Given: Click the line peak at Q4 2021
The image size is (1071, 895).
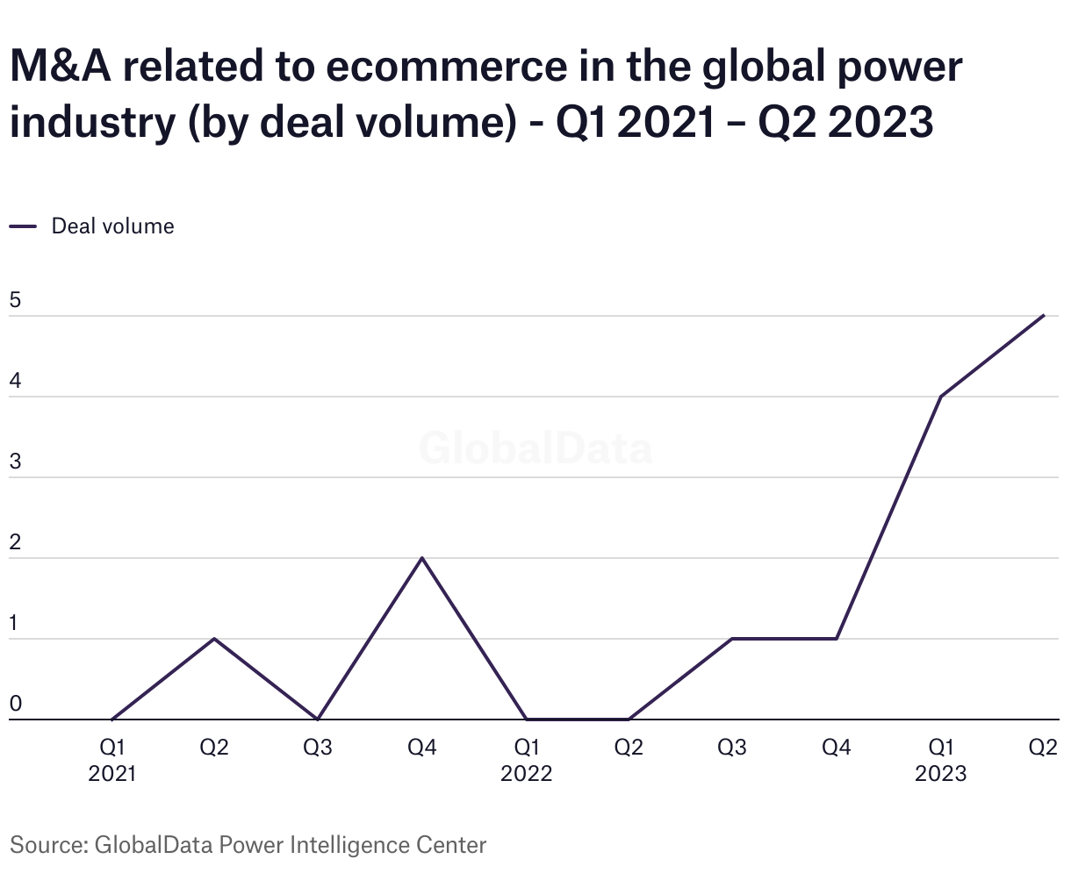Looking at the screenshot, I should tap(422, 558).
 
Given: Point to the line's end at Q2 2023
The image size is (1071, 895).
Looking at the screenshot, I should tap(1043, 316).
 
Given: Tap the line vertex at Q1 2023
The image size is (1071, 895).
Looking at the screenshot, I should tap(940, 397).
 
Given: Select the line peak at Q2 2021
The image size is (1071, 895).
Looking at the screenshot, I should tap(214, 639).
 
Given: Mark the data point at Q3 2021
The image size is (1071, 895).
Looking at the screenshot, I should tap(318, 719).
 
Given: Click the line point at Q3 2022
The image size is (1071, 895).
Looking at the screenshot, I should tap(732, 639).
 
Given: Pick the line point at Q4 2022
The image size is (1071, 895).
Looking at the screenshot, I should tap(836, 639).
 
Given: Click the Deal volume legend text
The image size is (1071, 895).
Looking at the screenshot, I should tap(112, 226).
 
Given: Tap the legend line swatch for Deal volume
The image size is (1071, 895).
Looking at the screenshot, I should tap(23, 226).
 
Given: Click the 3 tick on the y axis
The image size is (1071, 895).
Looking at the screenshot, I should tap(15, 462).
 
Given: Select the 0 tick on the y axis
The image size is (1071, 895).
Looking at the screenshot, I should tap(15, 705).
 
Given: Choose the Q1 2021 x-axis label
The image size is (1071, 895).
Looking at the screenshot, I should tap(112, 760).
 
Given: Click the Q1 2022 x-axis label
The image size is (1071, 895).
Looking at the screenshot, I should tap(526, 760).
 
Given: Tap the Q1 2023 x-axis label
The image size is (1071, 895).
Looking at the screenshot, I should tap(940, 760).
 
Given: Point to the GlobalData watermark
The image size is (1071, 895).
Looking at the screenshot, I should tap(535, 448).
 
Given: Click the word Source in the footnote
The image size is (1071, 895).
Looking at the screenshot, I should tap(46, 845).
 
